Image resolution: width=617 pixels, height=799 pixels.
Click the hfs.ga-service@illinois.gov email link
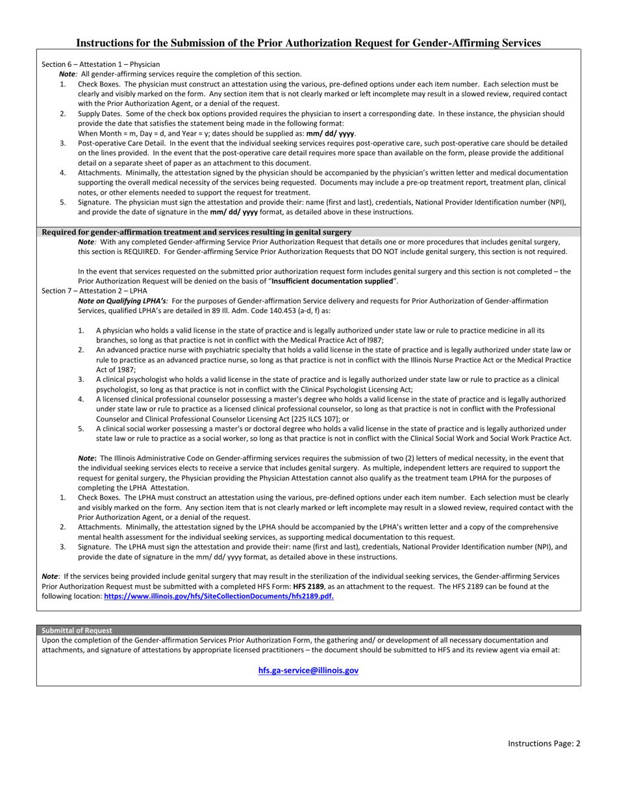(308, 670)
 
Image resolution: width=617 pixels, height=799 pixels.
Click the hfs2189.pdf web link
(219, 596)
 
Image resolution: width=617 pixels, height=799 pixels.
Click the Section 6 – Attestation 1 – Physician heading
(101, 64)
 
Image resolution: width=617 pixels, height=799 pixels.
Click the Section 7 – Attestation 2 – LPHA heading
(94, 290)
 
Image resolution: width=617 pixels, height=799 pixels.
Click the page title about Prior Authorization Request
(308, 43)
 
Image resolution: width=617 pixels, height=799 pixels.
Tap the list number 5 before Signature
(63, 202)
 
